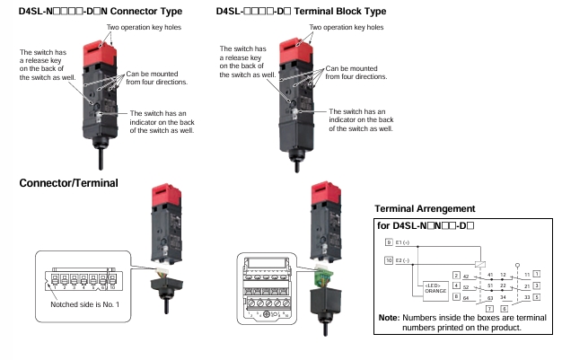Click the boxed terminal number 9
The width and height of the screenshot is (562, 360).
pos(388,243)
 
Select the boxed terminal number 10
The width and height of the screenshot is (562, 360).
pos(389,261)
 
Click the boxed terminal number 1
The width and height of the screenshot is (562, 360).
pos(537,272)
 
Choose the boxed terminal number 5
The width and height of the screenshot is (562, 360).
pos(537,295)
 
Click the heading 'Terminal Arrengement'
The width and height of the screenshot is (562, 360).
pos(425,209)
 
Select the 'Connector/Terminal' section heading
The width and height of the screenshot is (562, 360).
pos(69,183)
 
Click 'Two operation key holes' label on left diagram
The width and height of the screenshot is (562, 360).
pos(145,28)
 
